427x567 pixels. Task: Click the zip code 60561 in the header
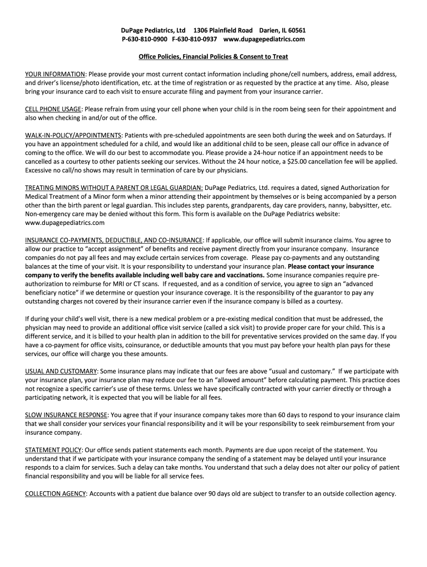click(x=294, y=30)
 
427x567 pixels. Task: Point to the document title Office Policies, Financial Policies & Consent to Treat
click(x=213, y=57)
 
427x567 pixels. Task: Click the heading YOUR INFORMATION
click(x=55, y=74)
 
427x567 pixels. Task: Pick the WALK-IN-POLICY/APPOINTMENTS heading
click(x=74, y=135)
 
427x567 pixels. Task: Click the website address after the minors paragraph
click(x=65, y=223)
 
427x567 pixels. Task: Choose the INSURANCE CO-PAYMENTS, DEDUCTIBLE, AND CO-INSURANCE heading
click(x=114, y=240)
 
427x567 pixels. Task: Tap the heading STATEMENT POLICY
click(x=54, y=450)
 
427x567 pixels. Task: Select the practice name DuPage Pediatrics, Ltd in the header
click(x=154, y=30)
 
